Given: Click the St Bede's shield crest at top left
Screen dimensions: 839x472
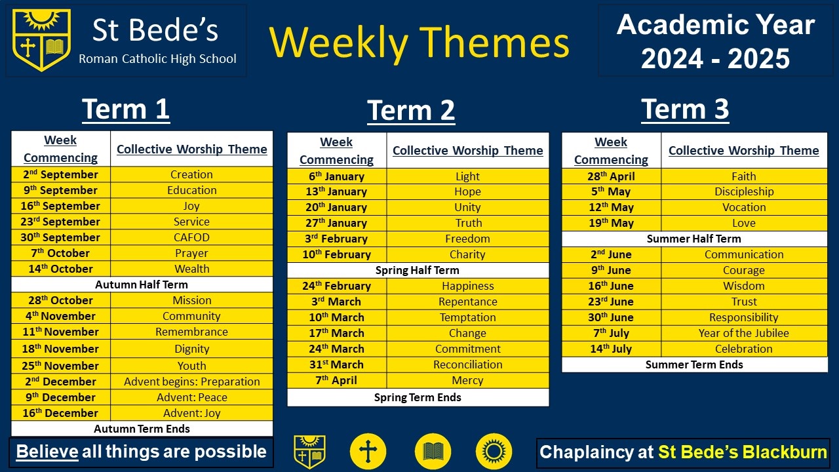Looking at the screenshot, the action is pyautogui.click(x=41, y=40).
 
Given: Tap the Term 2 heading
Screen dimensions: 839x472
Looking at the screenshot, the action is pyautogui.click(x=411, y=111).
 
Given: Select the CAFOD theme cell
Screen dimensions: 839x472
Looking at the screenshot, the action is pyautogui.click(x=191, y=237).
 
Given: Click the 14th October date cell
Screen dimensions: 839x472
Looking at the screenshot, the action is pyautogui.click(x=61, y=269).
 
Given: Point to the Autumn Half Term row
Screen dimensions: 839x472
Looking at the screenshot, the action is pyautogui.click(x=142, y=285).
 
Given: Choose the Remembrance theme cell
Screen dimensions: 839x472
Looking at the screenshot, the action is pyautogui.click(x=191, y=332).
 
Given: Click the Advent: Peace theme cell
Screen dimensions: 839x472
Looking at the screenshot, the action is pyautogui.click(x=191, y=397).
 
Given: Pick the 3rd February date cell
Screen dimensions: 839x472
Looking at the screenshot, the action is pyautogui.click(x=337, y=239).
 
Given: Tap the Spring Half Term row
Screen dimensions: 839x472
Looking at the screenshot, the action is pyautogui.click(x=418, y=270).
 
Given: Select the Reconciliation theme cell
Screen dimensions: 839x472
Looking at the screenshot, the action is pyautogui.click(x=468, y=364).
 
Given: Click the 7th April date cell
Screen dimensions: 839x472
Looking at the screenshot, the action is pyautogui.click(x=337, y=380).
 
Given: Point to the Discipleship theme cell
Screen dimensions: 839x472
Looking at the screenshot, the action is pyautogui.click(x=744, y=191).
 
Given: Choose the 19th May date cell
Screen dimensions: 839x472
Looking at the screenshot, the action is pyautogui.click(x=612, y=223).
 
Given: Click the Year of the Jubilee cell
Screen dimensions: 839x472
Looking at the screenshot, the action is pyautogui.click(x=744, y=333).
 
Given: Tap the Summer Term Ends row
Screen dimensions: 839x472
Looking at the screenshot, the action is pyautogui.click(x=694, y=364).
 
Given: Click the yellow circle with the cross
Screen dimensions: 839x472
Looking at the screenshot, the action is pyautogui.click(x=368, y=452).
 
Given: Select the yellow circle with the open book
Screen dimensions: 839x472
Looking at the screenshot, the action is pyautogui.click(x=433, y=452).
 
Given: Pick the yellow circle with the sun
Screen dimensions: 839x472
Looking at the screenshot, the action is pyautogui.click(x=494, y=452).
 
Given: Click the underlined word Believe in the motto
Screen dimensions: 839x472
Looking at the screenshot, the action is pyautogui.click(x=47, y=452).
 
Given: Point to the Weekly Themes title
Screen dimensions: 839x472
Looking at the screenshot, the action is pyautogui.click(x=419, y=43).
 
